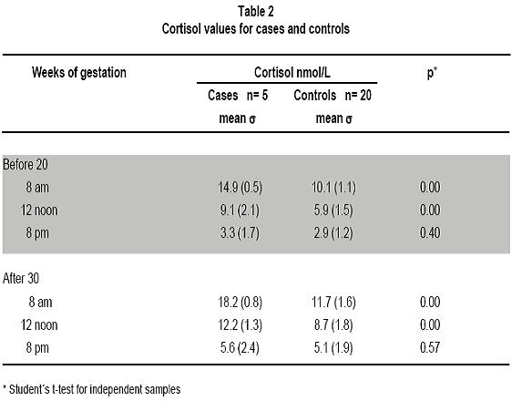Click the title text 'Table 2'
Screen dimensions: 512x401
tap(256, 12)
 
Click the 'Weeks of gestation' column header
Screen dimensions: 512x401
tap(79, 73)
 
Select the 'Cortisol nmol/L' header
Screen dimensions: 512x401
tap(292, 72)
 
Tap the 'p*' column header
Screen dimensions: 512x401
tap(432, 73)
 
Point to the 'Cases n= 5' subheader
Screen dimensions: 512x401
tap(238, 96)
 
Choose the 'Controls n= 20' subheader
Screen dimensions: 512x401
tap(333, 96)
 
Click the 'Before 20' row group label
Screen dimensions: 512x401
tap(26, 164)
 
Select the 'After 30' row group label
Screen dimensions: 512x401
tap(21, 279)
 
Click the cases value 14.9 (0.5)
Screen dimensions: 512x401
tap(240, 188)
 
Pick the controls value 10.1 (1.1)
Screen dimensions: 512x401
tap(333, 188)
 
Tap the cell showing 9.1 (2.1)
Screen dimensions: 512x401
tap(240, 211)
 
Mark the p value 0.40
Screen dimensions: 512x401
tap(430, 232)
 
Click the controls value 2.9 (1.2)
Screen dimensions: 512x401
tap(333, 233)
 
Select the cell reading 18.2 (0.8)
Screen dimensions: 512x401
tap(240, 302)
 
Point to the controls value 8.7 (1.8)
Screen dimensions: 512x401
tap(333, 325)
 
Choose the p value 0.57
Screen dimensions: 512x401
tap(430, 347)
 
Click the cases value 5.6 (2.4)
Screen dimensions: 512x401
tap(240, 348)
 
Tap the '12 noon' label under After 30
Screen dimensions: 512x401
tap(39, 325)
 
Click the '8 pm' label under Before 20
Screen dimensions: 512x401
tap(37, 233)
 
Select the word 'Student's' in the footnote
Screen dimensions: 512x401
tap(30, 389)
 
